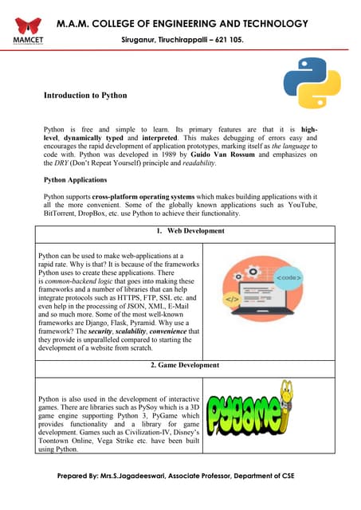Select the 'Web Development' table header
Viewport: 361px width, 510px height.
[x=190, y=231]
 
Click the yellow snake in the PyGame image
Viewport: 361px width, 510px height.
[x=304, y=415]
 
